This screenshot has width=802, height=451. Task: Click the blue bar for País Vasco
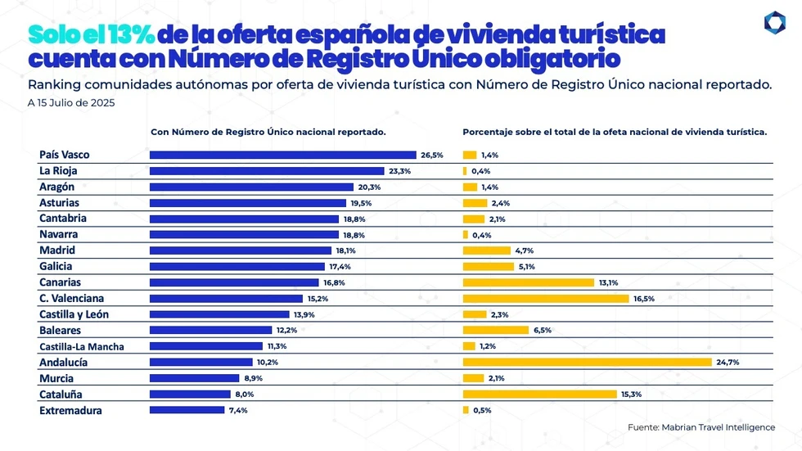283,155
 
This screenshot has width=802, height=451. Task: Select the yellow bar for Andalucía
587,362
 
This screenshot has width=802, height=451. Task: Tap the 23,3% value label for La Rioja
399,171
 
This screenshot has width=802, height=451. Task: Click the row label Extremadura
70,410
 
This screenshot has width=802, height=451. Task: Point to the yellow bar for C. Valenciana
546,299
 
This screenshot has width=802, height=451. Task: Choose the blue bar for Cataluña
190,394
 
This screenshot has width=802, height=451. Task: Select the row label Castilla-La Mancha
81,346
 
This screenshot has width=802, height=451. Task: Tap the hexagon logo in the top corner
774,23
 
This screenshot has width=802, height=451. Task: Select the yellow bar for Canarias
528,282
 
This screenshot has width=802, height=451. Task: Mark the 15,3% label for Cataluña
631,394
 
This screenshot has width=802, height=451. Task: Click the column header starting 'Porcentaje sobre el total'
614,132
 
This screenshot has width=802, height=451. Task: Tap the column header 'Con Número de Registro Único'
268,132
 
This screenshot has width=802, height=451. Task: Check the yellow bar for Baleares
495,330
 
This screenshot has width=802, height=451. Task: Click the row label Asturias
59,202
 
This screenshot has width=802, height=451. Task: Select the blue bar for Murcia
195,378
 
